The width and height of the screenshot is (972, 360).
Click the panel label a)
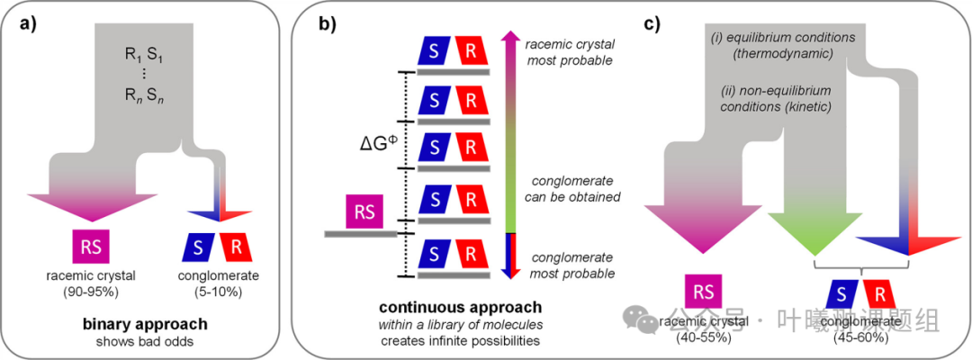click(35, 25)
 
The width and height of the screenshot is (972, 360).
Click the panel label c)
click(654, 25)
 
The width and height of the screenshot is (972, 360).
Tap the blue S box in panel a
click(195, 245)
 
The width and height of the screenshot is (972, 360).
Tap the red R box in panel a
click(231, 245)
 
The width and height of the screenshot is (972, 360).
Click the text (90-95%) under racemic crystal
click(90, 292)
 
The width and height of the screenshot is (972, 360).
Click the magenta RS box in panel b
click(365, 212)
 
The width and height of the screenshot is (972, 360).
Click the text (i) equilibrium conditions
click(774, 41)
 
